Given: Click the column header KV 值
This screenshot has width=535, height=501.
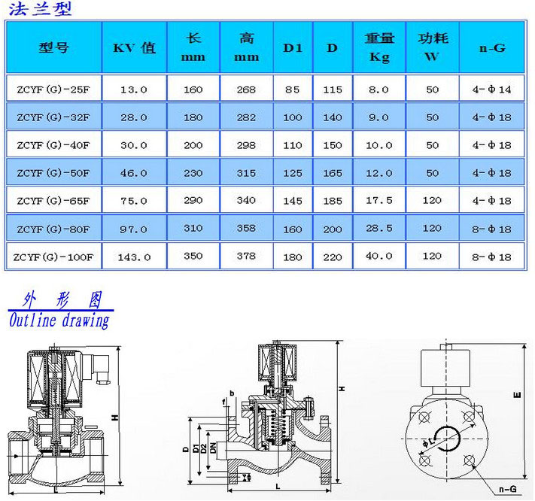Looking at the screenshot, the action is pos(134,47).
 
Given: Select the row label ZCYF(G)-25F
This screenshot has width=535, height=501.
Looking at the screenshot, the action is pos(53,90).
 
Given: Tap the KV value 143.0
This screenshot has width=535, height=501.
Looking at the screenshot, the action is pos(134,257).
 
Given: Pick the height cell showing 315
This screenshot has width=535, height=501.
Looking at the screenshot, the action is pos(246,173).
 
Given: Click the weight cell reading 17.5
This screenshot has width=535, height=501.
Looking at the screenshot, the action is pos(378,200).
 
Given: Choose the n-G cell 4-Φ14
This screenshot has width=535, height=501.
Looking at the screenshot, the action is pos(491,90).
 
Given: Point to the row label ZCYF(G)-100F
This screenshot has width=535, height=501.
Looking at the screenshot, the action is pos(53,257).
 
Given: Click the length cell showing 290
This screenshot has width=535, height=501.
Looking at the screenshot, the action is pos(193,200).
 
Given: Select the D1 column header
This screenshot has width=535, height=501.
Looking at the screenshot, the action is pos(293,47).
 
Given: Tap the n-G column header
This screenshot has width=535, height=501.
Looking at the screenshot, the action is pos(492,47).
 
